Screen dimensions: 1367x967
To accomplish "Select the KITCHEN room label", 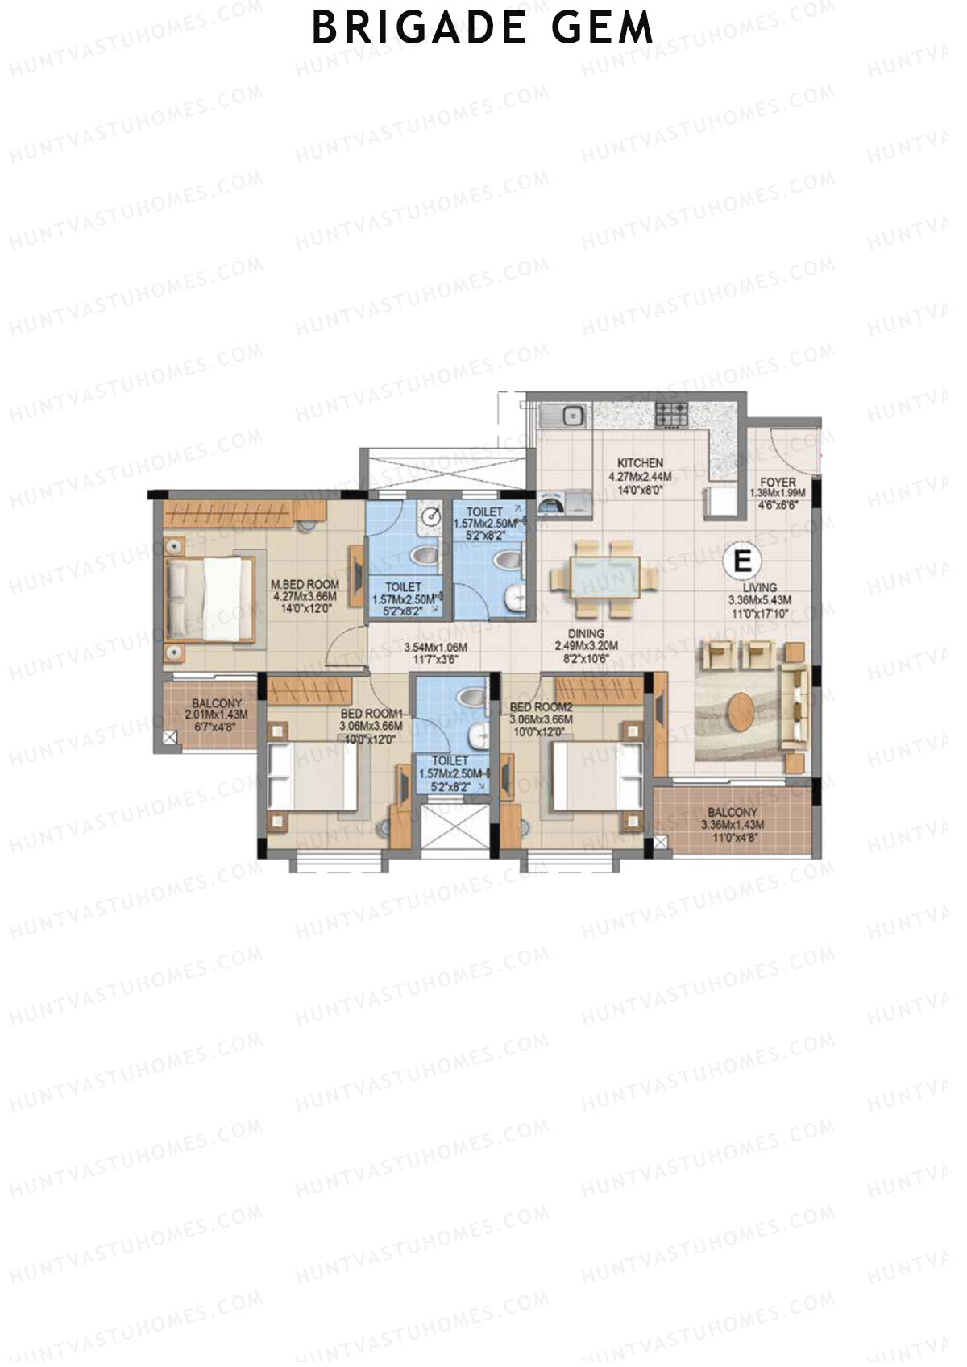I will tap(640, 463).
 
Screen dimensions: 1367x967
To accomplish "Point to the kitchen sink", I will tap(573, 416).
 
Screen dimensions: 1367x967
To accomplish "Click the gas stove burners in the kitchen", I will tap(672, 415).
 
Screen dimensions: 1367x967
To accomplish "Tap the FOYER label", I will tap(778, 483).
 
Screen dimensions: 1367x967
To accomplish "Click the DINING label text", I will tap(586, 634).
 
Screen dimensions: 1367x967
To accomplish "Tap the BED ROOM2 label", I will tap(541, 708).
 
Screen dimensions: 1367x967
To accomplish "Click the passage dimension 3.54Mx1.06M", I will tap(435, 647).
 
